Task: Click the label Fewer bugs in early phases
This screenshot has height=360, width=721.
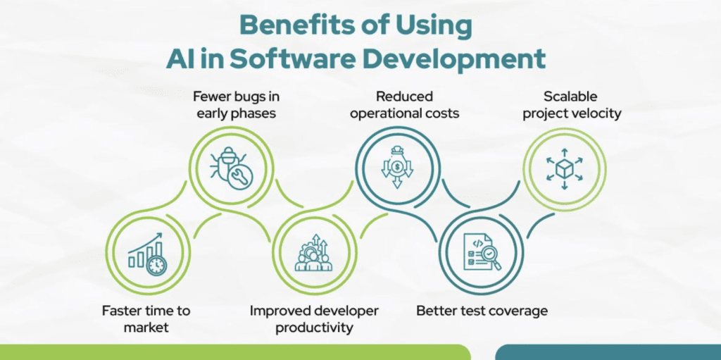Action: pos(236,104)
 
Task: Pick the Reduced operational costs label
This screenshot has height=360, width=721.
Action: pos(405,104)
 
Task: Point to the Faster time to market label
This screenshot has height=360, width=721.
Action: pos(146,318)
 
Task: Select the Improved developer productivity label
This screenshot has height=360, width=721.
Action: pos(314,318)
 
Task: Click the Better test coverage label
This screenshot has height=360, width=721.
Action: pos(482,311)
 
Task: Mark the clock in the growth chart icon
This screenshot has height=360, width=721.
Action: pos(157,266)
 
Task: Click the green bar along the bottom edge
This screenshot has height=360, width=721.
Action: pos(235,352)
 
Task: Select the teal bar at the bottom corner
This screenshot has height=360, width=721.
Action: pos(608,352)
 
